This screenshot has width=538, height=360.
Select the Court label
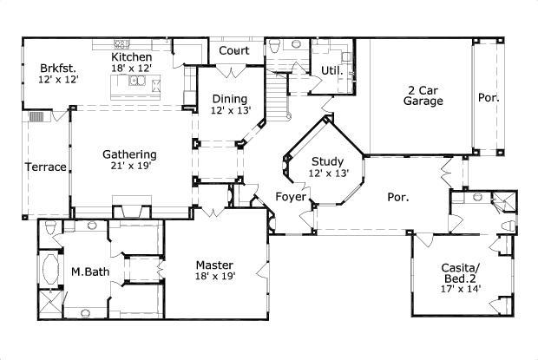pos(234,51)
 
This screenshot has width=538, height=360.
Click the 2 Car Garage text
pos(423,95)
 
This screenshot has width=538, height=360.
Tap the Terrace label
pos(45,167)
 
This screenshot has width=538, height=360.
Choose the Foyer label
pos(292,197)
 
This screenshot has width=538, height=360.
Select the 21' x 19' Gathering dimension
pos(129,167)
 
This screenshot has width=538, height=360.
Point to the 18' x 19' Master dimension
pos(215,277)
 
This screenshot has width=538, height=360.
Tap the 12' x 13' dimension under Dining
pos(230,111)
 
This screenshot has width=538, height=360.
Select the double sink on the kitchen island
pos(138,82)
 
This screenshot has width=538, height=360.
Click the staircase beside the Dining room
pos(278,95)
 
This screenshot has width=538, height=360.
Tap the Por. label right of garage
pos(489,98)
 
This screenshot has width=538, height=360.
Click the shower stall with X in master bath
pos(49,304)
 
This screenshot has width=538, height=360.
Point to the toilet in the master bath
pos(50,228)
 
